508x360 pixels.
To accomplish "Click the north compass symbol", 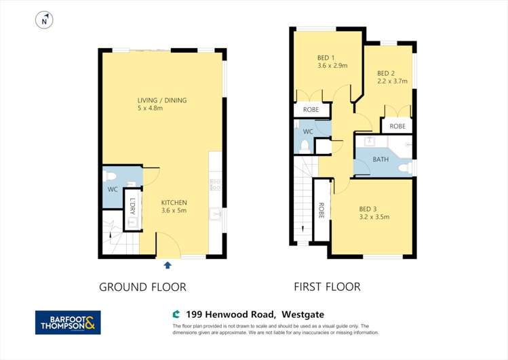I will (45, 21).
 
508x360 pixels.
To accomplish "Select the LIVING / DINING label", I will (161, 100).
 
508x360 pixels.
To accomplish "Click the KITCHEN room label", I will (174, 202).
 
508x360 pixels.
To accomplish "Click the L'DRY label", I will (132, 205).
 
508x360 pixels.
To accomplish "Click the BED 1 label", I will (327, 58).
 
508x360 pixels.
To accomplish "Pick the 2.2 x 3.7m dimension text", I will (391, 81).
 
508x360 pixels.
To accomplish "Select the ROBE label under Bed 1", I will (311, 110).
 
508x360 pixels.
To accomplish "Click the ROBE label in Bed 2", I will (397, 126).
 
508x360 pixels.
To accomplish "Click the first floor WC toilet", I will (305, 146).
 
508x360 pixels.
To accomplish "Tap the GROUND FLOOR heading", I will (142, 287).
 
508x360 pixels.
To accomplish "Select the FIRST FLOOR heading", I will (327, 287).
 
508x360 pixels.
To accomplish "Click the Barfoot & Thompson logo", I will (68, 322).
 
